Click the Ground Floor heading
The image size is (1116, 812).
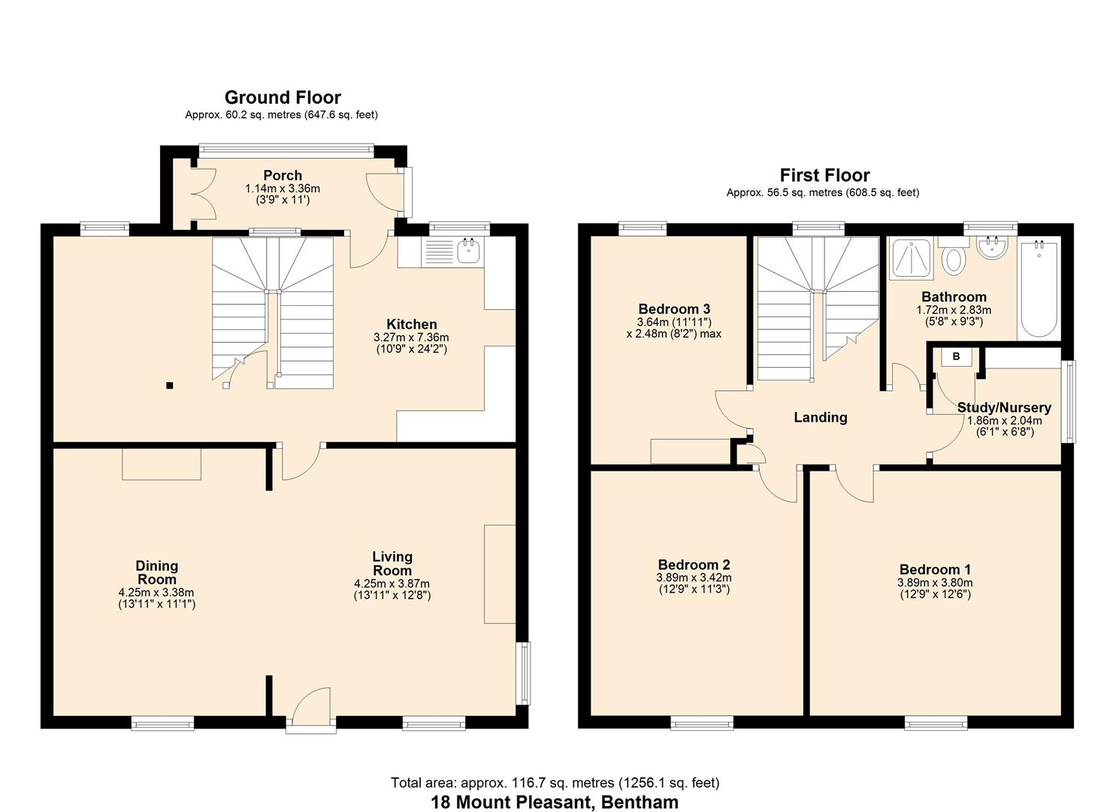[283, 98]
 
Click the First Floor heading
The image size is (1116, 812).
[824, 175]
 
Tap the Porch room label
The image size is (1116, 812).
[283, 176]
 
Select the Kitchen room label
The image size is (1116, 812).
[411, 325]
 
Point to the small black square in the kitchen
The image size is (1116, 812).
[170, 386]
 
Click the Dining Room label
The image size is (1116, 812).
[157, 572]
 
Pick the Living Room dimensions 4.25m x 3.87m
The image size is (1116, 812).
[392, 583]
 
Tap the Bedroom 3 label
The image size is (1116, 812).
[674, 309]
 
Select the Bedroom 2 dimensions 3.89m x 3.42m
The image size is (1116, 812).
[694, 577]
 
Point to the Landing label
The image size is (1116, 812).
[820, 417]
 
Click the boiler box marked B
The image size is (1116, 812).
[956, 357]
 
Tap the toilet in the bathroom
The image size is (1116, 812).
[954, 259]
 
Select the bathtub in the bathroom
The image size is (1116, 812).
[1039, 289]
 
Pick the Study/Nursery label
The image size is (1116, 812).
[1003, 408]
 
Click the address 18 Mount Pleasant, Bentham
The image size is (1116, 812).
[555, 801]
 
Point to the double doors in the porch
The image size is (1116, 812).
[199, 193]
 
